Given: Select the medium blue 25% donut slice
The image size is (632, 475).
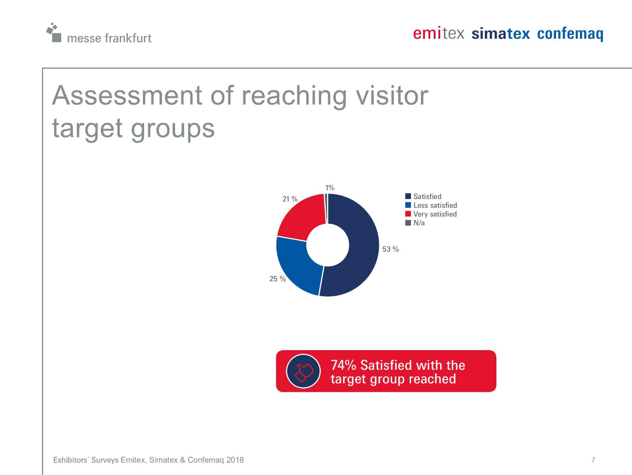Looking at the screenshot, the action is coord(297,265).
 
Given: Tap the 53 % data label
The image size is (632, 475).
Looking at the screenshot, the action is coord(390,249).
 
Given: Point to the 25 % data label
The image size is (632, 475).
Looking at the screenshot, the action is coord(278,279).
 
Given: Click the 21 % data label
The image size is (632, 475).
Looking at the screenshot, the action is coord(290,199).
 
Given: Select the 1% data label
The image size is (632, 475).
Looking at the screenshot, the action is coord(330,188).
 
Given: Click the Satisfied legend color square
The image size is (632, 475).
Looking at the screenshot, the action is coord(408,196).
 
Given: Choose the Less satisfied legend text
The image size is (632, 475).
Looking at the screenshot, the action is coord(435,205).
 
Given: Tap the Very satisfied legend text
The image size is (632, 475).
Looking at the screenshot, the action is coord(435,214).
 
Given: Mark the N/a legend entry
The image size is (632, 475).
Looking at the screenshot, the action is coord(415,223).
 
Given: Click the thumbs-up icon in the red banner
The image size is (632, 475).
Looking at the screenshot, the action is coord(303,371).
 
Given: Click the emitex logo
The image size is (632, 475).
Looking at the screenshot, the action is coord(438,34).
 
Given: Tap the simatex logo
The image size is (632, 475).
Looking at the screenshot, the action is coord(501,34).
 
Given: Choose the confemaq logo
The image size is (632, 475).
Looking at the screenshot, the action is coord(570,34).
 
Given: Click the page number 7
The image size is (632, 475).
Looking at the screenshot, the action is coord(593,460).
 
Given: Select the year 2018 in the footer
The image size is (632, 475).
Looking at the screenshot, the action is coord(235,460).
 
